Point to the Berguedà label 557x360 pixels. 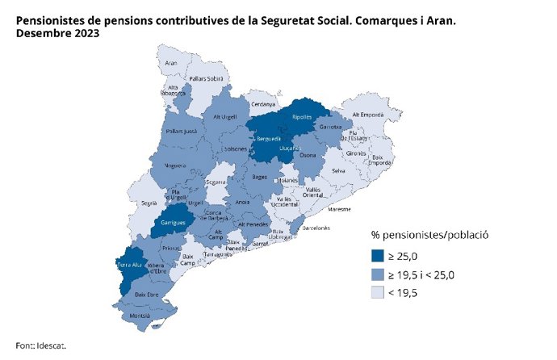[267, 139]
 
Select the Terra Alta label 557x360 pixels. [130, 265]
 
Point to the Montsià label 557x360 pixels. [140, 315]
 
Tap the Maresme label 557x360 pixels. [340, 208]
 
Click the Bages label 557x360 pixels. [260, 176]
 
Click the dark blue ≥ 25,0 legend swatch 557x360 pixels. [377, 257]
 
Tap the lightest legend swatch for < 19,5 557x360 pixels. [377, 295]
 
